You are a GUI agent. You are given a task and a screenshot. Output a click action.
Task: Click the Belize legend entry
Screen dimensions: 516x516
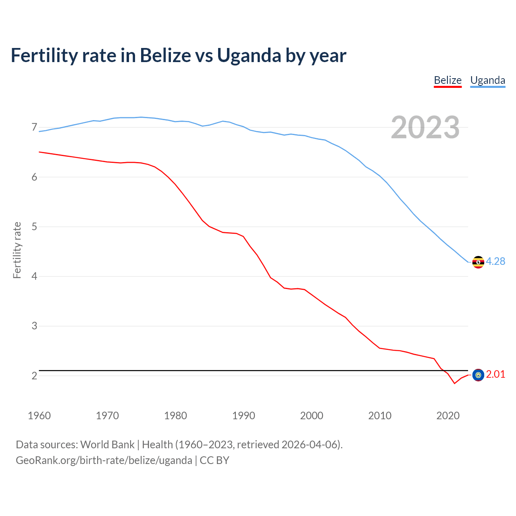point(447,80)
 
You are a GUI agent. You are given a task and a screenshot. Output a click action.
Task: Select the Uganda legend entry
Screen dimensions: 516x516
point(487,80)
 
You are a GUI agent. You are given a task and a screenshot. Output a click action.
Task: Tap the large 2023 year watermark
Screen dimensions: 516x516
point(425,127)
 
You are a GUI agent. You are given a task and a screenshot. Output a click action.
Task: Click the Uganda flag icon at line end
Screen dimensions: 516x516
point(478,262)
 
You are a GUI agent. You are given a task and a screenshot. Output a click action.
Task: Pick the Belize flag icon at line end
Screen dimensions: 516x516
point(478,375)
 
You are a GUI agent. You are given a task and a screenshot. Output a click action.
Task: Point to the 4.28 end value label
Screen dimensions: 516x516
point(495,262)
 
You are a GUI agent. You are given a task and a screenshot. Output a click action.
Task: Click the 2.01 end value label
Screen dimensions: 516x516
point(495,375)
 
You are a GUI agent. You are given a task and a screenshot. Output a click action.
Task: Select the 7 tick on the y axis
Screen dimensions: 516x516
point(34,127)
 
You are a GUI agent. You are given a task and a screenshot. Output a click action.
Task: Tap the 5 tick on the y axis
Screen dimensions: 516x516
point(34,227)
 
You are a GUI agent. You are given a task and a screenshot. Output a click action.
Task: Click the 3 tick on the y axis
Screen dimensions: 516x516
point(34,326)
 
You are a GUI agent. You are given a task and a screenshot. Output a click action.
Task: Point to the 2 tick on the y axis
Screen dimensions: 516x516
point(34,376)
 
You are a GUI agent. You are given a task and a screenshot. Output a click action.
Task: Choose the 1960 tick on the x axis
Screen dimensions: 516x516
point(39,416)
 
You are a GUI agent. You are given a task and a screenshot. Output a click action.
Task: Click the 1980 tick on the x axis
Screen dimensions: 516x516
point(175,416)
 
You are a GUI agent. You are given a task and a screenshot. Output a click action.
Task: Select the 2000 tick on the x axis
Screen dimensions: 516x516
point(312,416)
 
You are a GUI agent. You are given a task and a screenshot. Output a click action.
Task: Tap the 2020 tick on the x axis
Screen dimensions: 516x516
point(448,416)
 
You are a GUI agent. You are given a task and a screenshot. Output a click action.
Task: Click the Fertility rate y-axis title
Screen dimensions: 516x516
point(17,250)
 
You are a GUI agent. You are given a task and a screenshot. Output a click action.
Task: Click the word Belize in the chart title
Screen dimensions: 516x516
point(165,55)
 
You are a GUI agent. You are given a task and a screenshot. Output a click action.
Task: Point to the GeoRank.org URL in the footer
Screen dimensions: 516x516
point(104,460)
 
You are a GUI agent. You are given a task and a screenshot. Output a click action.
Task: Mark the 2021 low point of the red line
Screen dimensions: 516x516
point(455,383)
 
